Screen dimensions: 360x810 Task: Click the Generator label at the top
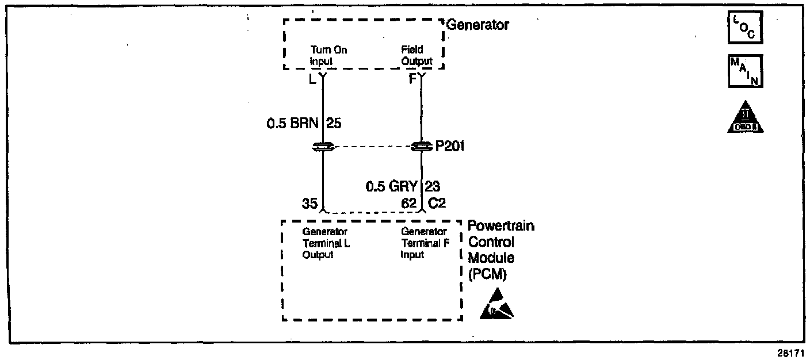[x=477, y=25]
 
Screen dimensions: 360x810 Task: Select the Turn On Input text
[x=328, y=56]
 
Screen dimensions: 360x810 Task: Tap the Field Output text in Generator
[x=417, y=56]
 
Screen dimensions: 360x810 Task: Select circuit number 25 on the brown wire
[x=334, y=122]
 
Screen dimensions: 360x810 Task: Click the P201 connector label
[x=450, y=147]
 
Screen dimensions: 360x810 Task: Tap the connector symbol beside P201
[x=422, y=147]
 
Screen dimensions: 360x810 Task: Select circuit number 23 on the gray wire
[x=433, y=186]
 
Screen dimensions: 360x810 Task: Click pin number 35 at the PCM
[x=310, y=203]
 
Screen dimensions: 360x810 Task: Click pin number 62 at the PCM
[x=408, y=203]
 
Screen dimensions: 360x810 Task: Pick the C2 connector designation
[x=435, y=203]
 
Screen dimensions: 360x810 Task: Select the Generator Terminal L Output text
[x=325, y=243]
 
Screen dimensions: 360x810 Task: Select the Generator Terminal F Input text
[x=424, y=243]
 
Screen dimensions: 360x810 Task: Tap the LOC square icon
[x=745, y=28]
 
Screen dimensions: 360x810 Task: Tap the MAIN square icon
[x=745, y=71]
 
